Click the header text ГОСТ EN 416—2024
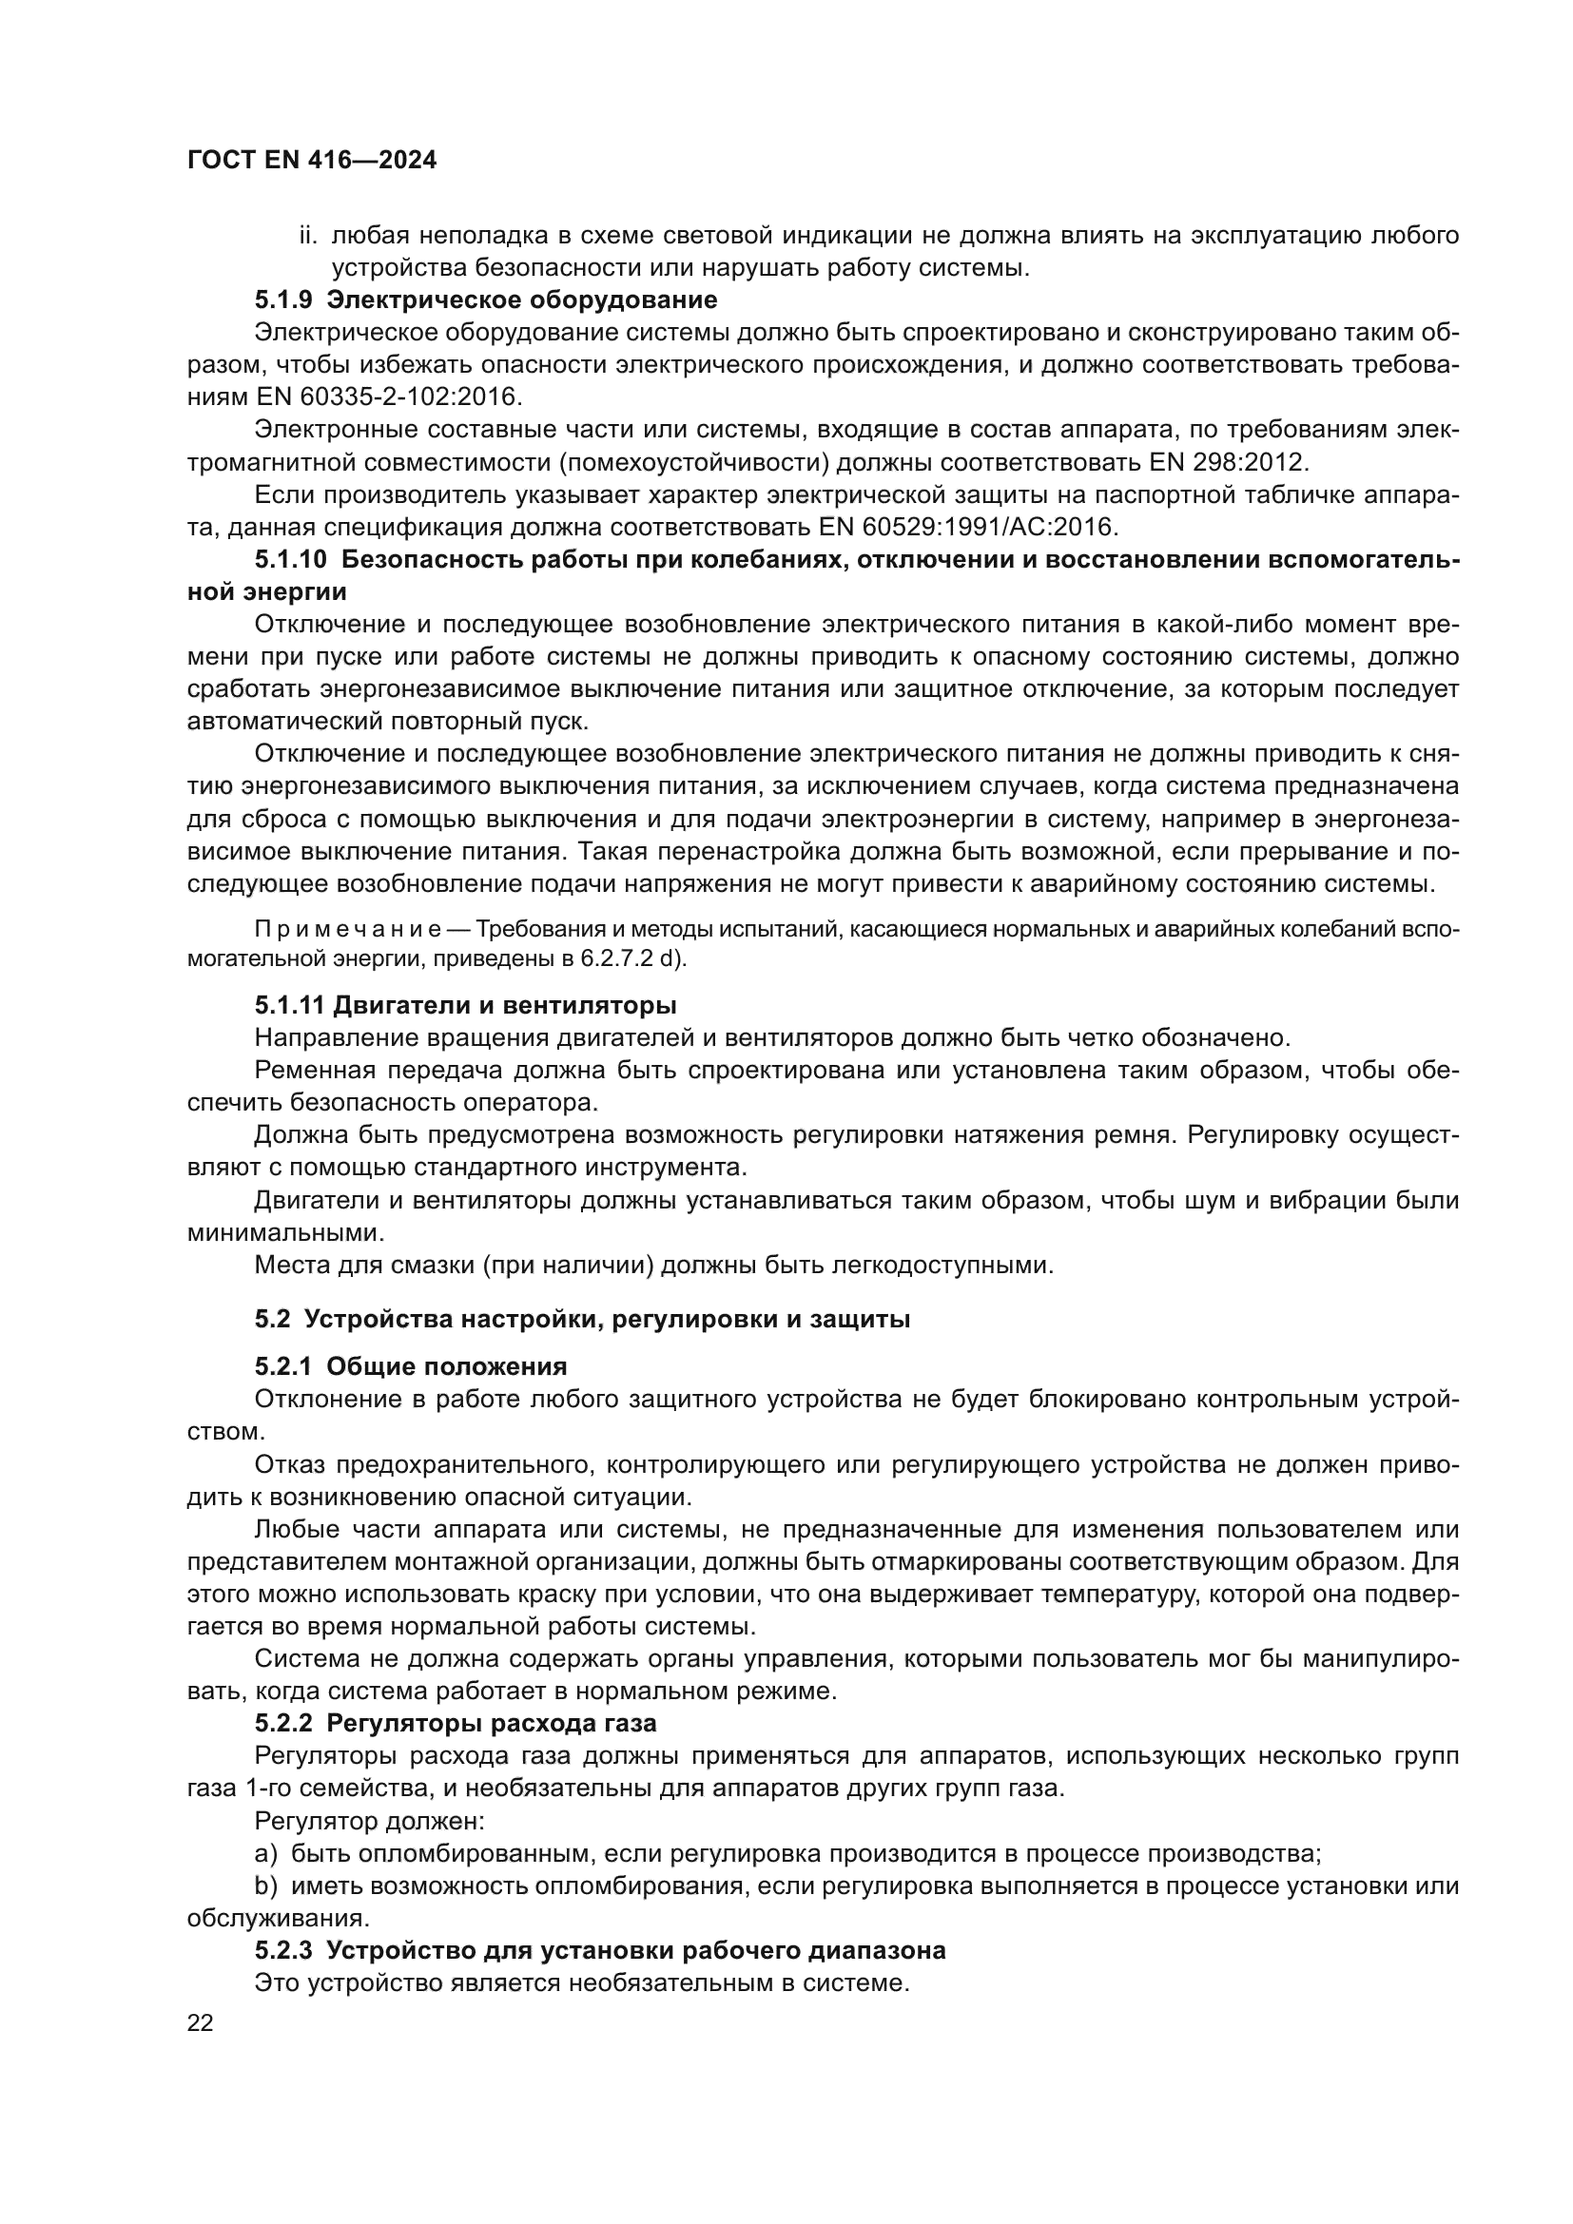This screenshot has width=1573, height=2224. pyautogui.click(x=312, y=161)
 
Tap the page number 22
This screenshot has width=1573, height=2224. pyautogui.click(x=201, y=2022)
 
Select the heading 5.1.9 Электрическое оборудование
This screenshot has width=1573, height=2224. pyautogui.click(x=485, y=300)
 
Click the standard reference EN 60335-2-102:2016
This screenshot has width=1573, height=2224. pyautogui.click(x=388, y=397)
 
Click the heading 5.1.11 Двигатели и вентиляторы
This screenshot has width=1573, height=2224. pyautogui.click(x=465, y=1005)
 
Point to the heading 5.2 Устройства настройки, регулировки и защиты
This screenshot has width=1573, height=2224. pyautogui.click(x=582, y=1320)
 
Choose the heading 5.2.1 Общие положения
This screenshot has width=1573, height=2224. pyautogui.click(x=411, y=1366)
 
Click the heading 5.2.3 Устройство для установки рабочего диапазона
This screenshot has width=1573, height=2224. pyautogui.click(x=599, y=1950)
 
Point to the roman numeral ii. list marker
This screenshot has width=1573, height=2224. pyautogui.click(x=309, y=236)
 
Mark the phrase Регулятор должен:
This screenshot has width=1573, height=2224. pyautogui.click(x=369, y=1821)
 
